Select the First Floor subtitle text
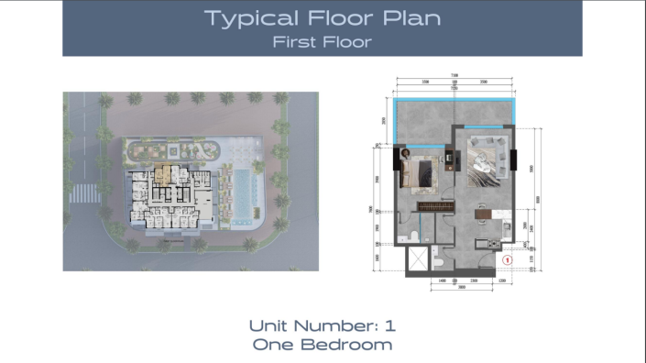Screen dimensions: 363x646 [322, 41]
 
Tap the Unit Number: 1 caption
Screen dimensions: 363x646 [322, 325]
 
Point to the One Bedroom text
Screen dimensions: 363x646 [322, 345]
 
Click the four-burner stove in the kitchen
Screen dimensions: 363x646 [494, 243]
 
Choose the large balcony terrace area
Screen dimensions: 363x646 [453, 114]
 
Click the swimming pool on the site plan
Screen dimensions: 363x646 [244, 196]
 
